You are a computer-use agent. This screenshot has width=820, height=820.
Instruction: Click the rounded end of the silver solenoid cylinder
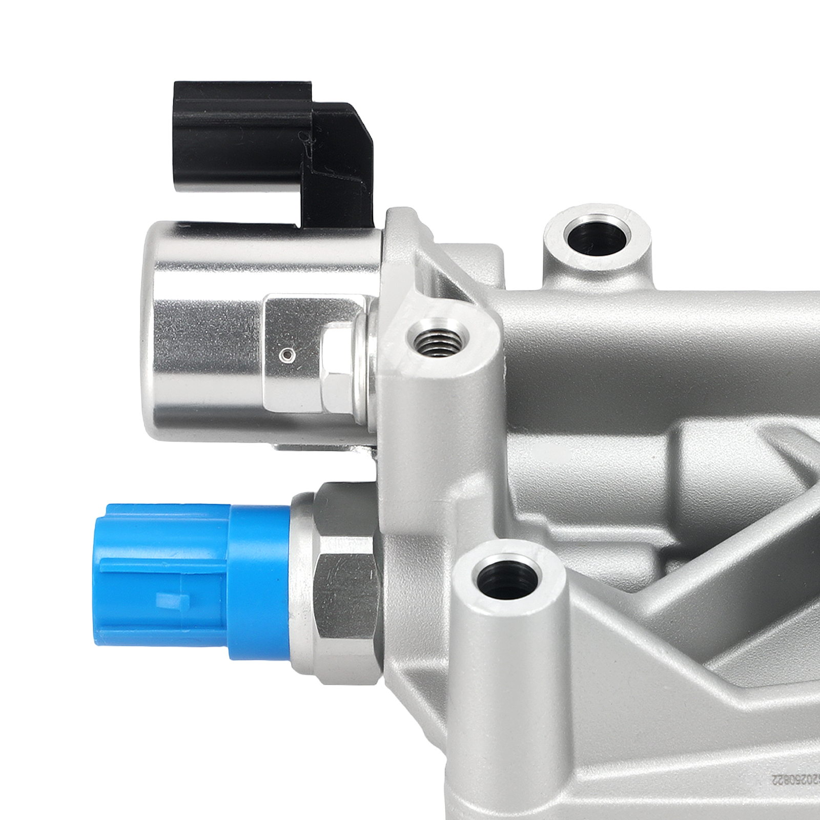(x=154, y=333)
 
